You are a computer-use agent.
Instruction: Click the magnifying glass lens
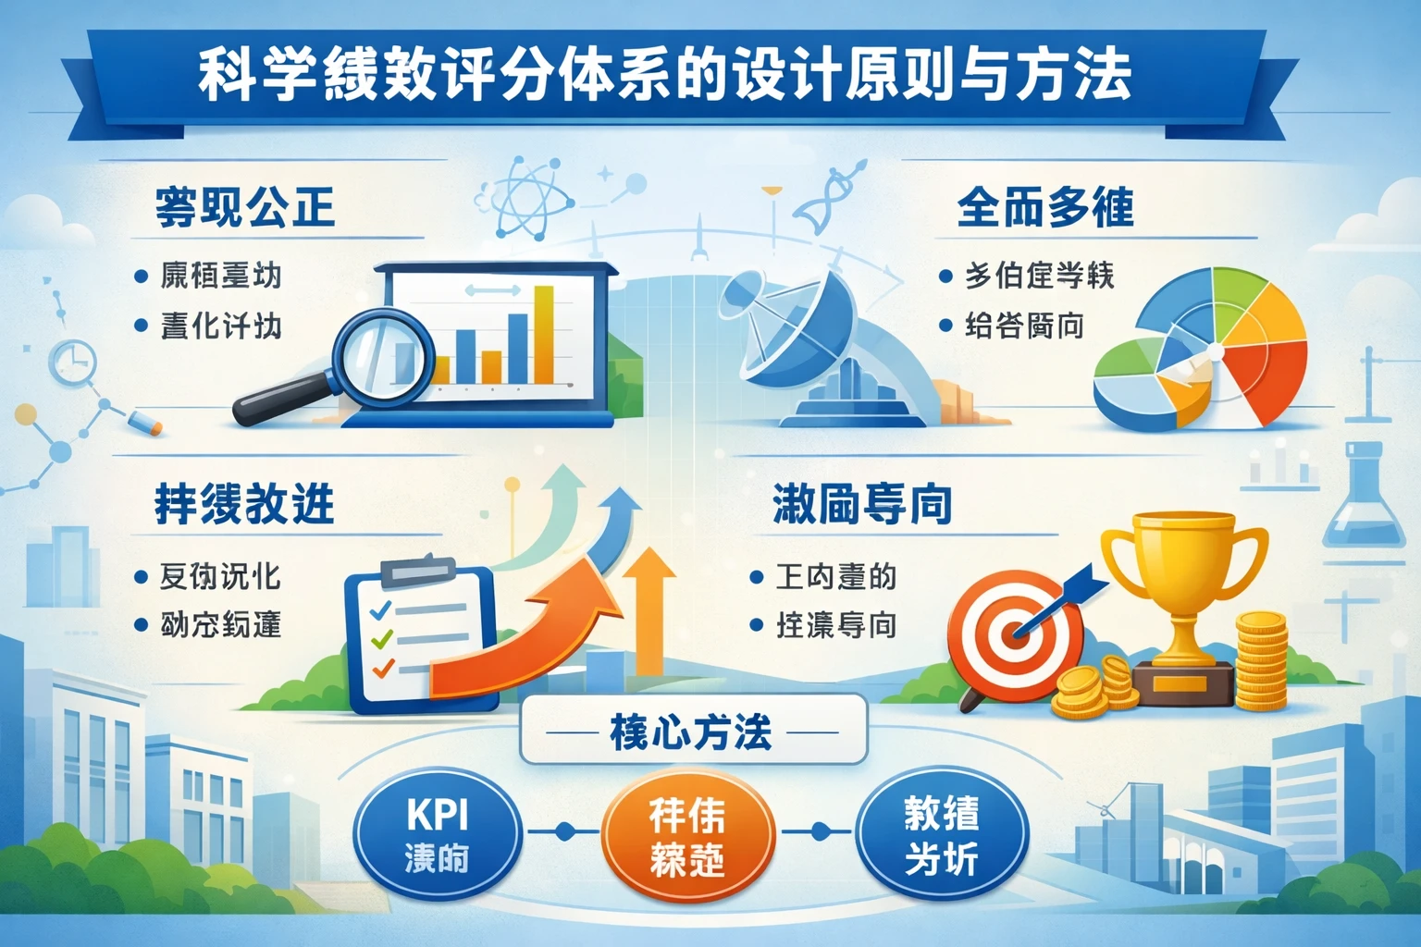point(382,355)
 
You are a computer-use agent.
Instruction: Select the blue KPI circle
point(438,835)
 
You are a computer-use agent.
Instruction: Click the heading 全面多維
point(1045,207)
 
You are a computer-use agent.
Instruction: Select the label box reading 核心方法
point(692,732)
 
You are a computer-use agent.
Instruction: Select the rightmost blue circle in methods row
point(941,835)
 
